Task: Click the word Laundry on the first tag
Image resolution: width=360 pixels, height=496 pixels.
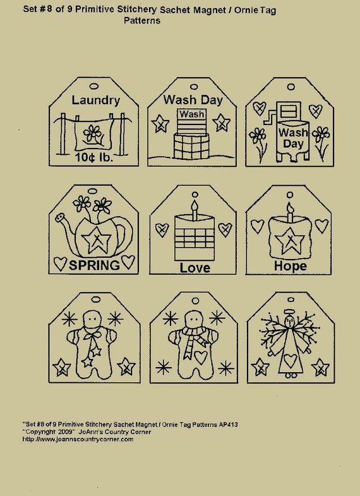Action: click(95, 100)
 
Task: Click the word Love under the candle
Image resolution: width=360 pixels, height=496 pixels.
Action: click(195, 268)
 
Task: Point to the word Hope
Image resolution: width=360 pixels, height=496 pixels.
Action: click(290, 266)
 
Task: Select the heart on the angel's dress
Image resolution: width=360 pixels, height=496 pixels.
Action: click(290, 361)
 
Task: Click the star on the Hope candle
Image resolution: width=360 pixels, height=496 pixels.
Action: click(290, 241)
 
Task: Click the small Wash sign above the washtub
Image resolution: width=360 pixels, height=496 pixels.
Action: click(191, 114)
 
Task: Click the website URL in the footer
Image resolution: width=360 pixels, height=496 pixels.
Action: click(78, 439)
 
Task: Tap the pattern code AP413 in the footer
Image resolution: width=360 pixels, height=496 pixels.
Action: click(229, 424)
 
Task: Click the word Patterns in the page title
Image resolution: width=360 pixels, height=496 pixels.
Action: click(142, 20)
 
